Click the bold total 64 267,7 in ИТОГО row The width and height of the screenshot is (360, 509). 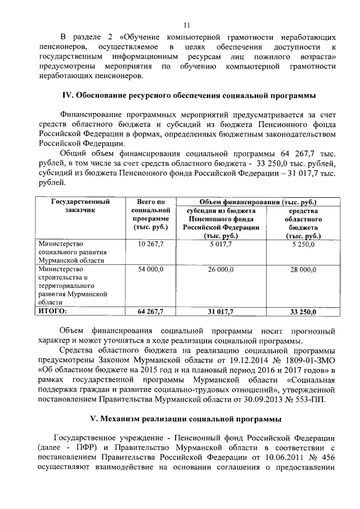[150, 311]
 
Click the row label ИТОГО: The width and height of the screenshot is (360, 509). [52, 310]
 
